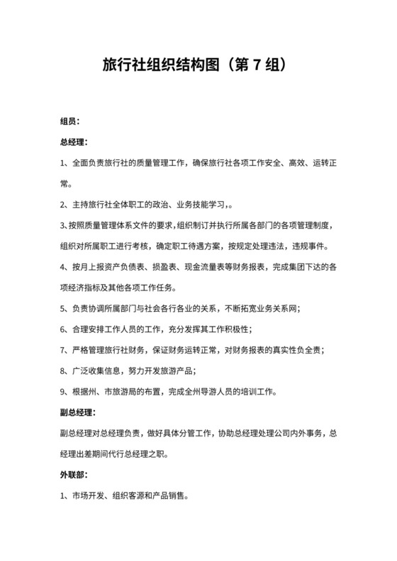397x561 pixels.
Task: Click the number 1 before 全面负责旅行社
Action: pos(62,164)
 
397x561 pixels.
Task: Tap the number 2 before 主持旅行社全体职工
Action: pos(62,205)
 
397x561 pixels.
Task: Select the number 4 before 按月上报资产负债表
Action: pos(62,267)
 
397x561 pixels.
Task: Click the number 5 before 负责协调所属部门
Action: pos(62,308)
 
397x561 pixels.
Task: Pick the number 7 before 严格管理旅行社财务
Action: pos(62,349)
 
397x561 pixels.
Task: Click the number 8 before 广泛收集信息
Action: pos(62,370)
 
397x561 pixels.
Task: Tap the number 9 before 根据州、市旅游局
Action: pos(62,391)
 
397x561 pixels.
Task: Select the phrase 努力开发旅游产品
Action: pos(161,370)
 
